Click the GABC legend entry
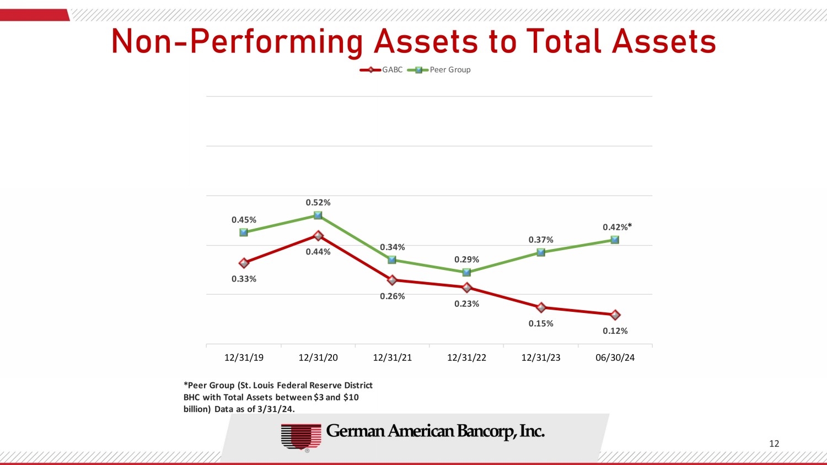click(382, 70)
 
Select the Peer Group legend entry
click(439, 70)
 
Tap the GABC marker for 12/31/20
click(318, 236)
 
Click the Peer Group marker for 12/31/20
click(318, 215)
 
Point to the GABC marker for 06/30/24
click(615, 315)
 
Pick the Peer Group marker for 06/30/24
click(615, 240)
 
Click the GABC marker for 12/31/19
click(244, 263)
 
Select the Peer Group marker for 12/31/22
click(466, 272)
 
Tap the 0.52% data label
click(318, 203)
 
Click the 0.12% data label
click(615, 331)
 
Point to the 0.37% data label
click(541, 240)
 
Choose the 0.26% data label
click(393, 296)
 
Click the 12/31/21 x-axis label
click(393, 358)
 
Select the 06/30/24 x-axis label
click(615, 358)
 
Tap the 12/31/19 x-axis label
click(244, 358)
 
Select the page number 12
click(774, 444)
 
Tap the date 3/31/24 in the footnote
click(276, 409)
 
